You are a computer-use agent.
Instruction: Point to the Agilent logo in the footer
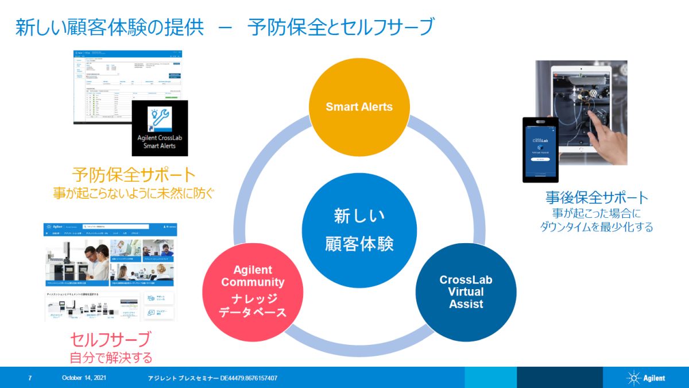646,378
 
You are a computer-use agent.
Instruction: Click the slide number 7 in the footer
30,378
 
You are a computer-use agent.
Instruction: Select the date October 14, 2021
84,378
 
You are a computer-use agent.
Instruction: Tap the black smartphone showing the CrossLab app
540,149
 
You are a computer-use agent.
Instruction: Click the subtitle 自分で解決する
111,358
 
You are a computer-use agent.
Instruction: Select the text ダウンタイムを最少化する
597,227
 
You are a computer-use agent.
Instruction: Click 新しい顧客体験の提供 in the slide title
109,27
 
